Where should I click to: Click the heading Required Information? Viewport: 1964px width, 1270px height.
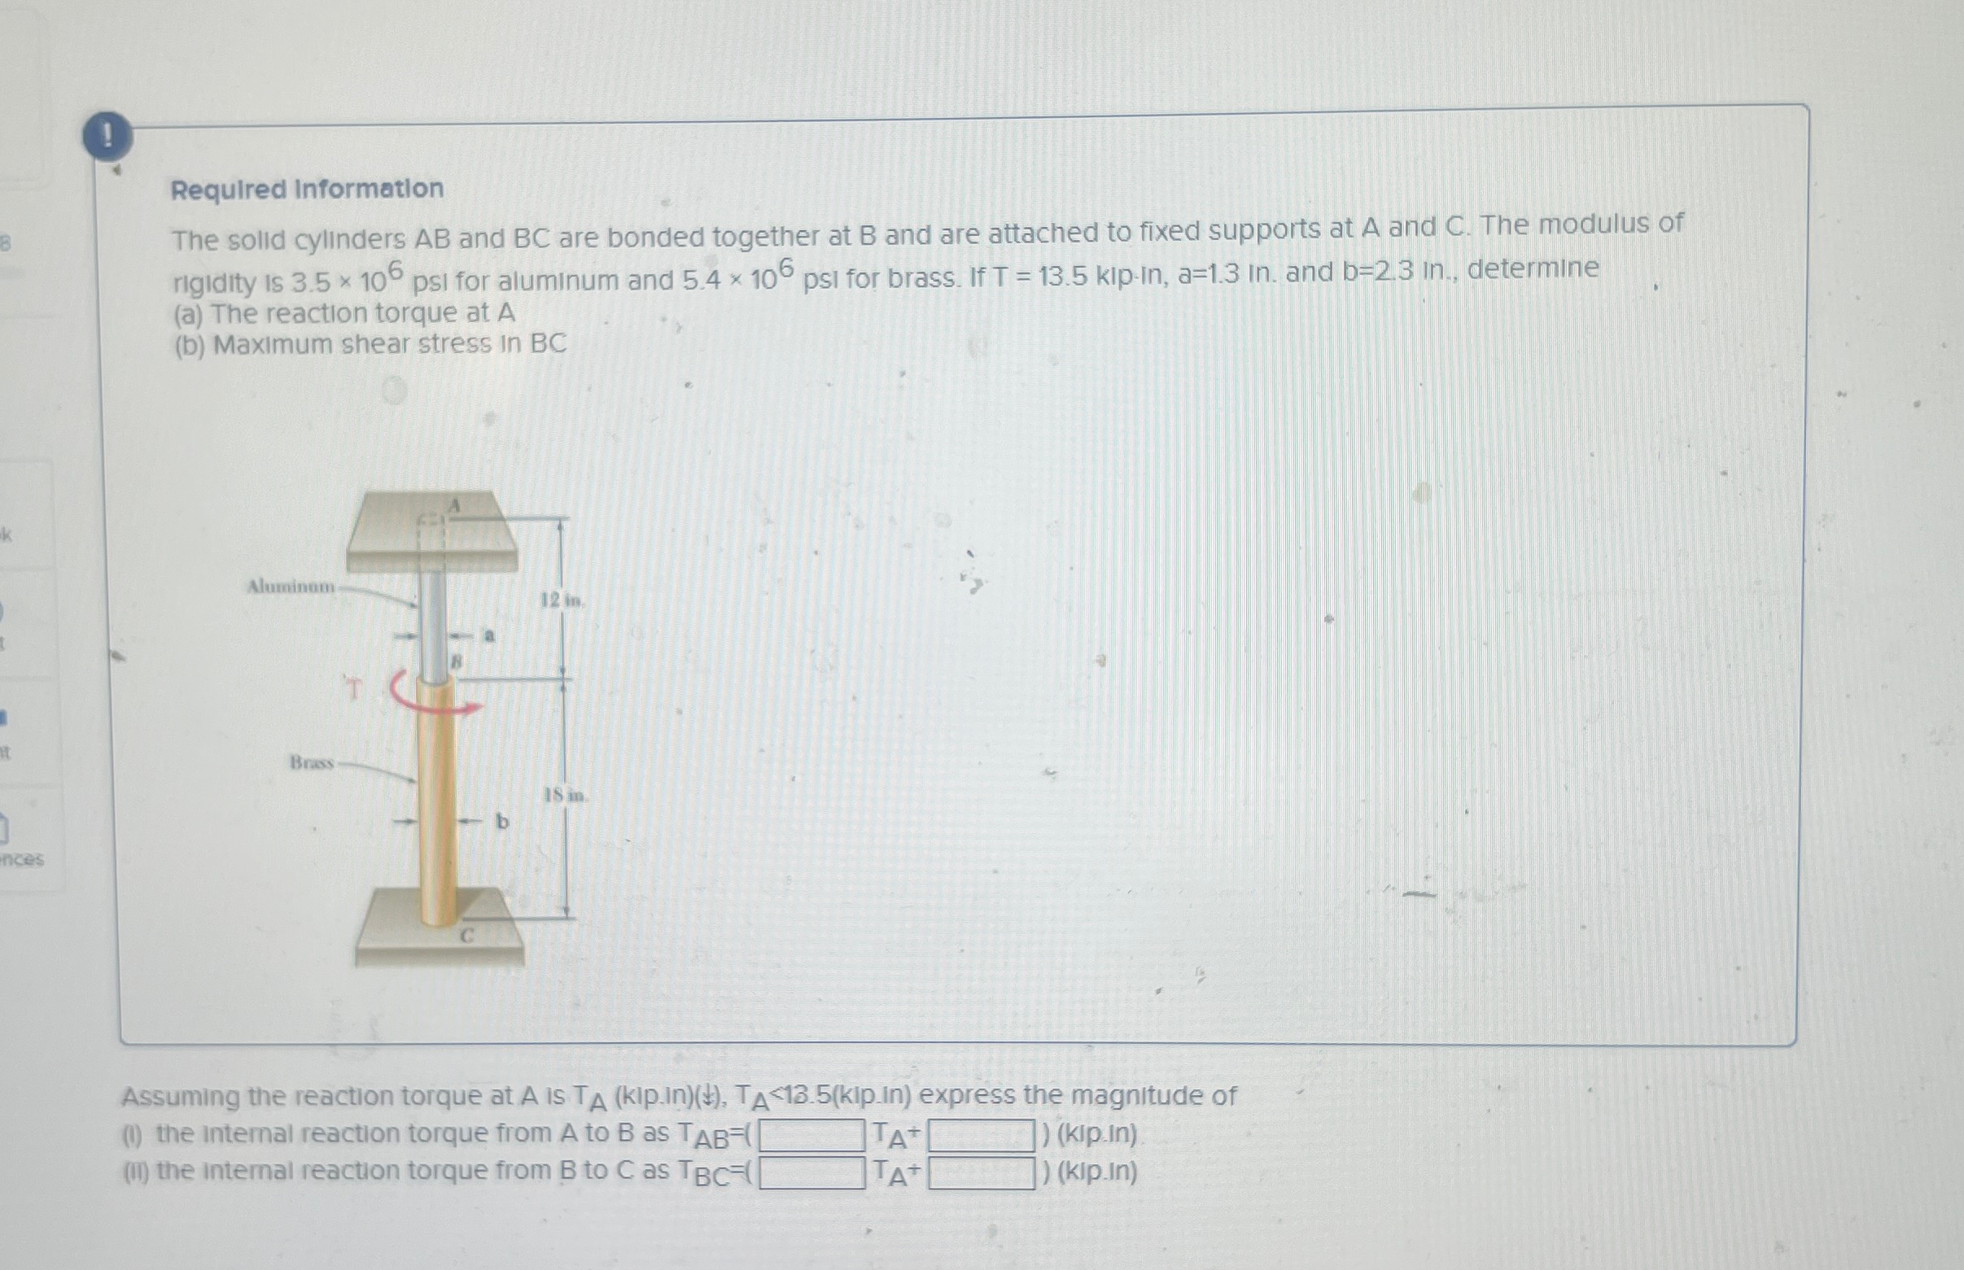307,189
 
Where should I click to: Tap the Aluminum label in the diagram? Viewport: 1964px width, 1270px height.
291,587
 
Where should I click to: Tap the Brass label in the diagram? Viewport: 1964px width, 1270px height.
312,763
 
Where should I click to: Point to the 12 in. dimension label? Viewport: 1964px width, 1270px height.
562,600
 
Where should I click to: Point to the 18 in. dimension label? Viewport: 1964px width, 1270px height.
565,796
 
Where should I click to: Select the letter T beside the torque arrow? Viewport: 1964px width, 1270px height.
354,688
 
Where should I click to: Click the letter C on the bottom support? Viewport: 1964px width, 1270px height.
467,935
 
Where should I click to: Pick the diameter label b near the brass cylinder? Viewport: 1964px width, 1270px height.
502,822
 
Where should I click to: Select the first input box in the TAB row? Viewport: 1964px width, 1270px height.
811,1136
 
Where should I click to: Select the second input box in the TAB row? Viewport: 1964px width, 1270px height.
981,1136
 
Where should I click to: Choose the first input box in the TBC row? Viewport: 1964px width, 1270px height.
811,1172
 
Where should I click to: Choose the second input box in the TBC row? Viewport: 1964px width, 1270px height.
981,1172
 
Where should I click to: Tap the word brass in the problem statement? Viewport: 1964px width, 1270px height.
921,278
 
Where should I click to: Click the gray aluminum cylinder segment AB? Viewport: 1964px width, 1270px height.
434,622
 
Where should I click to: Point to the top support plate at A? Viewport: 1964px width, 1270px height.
432,533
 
